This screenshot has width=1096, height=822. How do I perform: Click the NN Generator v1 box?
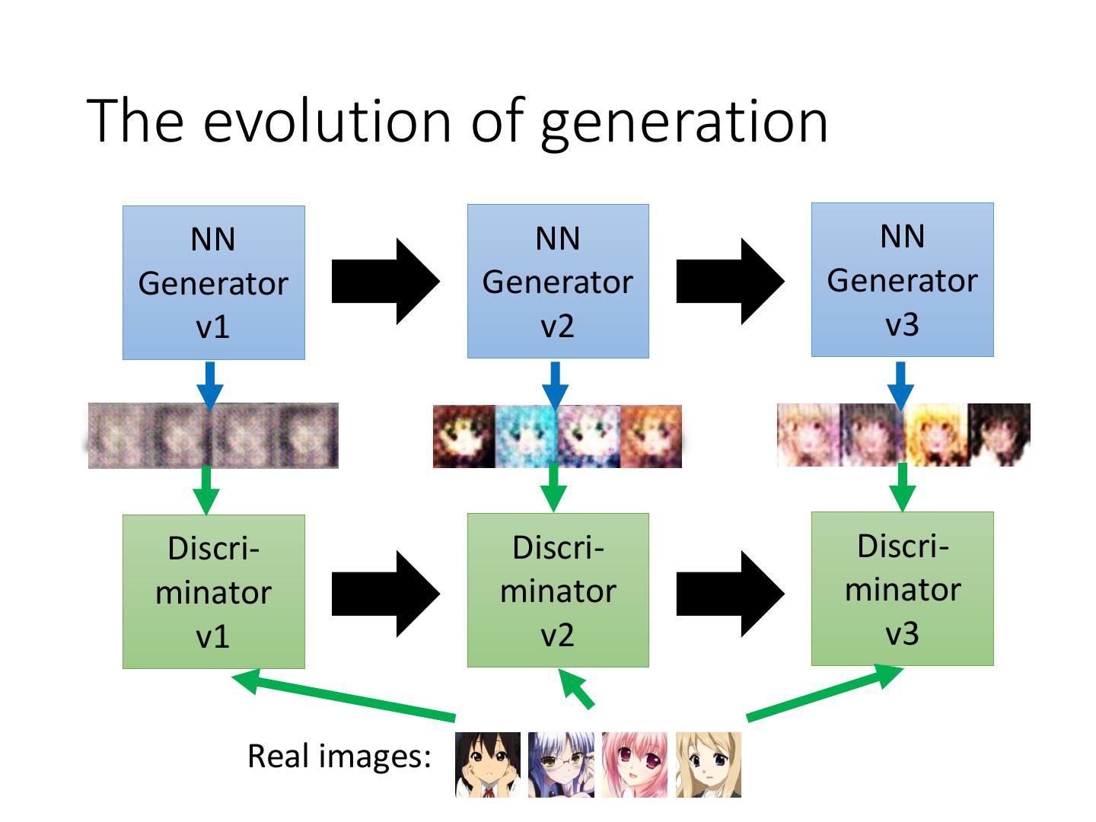point(214,282)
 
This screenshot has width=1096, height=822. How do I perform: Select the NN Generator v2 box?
point(558,281)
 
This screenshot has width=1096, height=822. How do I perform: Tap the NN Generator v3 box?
point(902,279)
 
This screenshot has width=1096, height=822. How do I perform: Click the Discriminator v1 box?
point(214,591)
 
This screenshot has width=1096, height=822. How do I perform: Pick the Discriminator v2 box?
point(558,590)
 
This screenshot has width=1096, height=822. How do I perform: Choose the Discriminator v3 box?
point(902,588)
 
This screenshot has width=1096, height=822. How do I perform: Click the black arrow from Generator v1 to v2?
point(385,282)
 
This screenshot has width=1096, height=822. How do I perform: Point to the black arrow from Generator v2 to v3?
point(729,282)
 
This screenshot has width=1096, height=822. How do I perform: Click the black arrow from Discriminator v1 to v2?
point(385,594)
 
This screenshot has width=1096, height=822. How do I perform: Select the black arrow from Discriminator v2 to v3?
point(729,594)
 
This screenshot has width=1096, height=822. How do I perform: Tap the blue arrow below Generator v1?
point(210,384)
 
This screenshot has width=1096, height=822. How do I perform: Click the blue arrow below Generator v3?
point(901,384)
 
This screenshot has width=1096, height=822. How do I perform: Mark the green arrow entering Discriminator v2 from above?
point(554,487)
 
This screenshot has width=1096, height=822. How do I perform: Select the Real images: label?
point(339,757)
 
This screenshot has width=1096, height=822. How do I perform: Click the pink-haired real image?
point(634,765)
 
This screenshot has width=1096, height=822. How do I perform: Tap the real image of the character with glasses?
point(561,765)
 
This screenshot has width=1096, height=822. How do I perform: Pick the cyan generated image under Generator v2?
point(526,436)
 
